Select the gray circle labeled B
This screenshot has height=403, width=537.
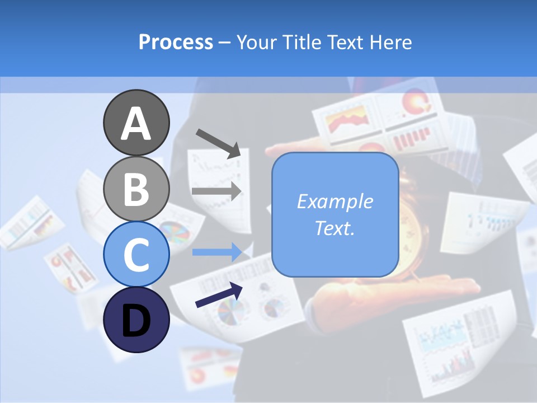[136, 189]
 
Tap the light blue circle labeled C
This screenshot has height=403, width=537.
[136, 255]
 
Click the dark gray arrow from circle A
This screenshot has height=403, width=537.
[218, 143]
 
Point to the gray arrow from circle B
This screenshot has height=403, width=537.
[216, 191]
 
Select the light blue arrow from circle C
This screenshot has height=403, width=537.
[216, 252]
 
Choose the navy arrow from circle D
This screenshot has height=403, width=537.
[219, 295]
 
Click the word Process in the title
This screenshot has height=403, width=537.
[176, 42]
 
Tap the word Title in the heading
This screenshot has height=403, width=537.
[303, 42]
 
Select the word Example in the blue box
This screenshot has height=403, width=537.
[335, 201]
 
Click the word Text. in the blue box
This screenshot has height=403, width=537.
[335, 228]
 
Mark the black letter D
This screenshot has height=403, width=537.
[136, 322]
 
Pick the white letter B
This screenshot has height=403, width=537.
[136, 189]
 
